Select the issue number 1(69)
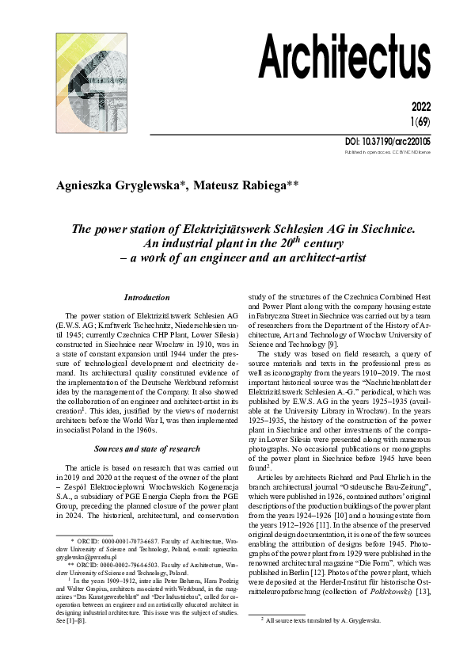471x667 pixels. coord(443,122)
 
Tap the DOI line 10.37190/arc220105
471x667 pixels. coord(405,141)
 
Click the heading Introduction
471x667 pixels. coord(146,297)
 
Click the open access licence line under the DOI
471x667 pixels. coord(412,151)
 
